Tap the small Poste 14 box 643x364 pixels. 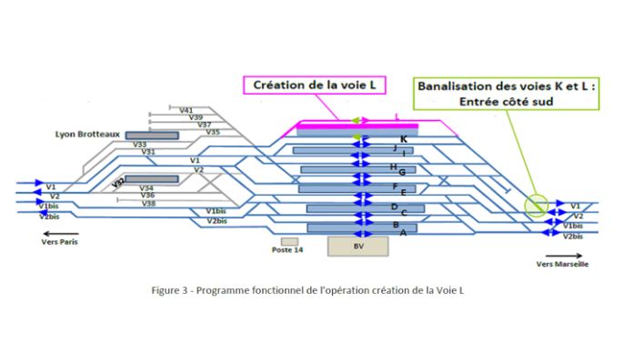[x=288, y=241]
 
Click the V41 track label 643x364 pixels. [x=186, y=110]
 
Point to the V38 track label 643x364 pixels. [x=148, y=203]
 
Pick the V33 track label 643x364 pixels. [x=139, y=144]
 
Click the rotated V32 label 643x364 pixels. [x=118, y=183]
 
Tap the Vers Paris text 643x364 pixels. [x=60, y=243]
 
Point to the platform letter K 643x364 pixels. [x=402, y=138]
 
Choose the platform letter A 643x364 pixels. [x=403, y=233]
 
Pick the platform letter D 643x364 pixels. [x=394, y=207]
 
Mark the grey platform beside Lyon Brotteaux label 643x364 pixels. [x=152, y=136]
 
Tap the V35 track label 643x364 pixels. [x=213, y=132]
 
